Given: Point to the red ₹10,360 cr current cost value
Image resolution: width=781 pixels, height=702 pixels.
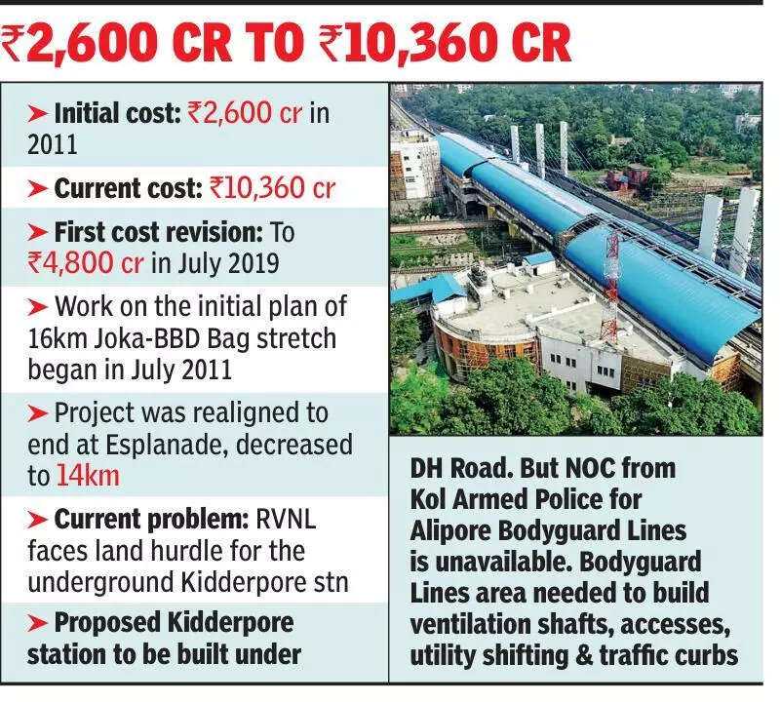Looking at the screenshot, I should tap(273, 187).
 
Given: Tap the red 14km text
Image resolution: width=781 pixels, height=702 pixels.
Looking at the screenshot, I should tap(85, 476).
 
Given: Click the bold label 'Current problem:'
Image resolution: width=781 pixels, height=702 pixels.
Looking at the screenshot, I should tap(138, 520).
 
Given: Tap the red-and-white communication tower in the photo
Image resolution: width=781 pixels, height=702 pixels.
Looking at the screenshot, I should tap(611, 284).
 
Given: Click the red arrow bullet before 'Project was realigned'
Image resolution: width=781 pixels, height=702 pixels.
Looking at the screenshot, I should tap(37, 413).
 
